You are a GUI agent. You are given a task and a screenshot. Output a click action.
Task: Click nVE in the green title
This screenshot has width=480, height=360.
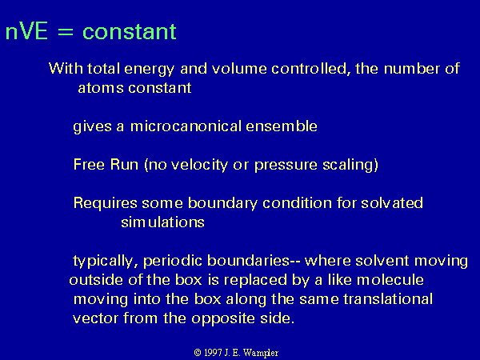point(26,31)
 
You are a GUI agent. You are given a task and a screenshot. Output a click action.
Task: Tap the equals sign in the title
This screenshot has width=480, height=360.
point(66,32)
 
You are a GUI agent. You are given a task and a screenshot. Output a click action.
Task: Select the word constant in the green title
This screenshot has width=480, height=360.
point(130,31)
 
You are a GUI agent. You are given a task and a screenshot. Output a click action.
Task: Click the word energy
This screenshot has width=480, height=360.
point(149,69)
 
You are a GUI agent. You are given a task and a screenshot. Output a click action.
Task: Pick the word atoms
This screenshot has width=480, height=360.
point(101,88)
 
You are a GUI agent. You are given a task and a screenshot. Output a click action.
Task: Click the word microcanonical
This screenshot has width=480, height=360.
point(186,126)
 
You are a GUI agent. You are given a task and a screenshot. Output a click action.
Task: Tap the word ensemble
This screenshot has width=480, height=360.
point(282,126)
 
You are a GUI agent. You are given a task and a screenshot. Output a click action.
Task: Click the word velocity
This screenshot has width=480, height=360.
point(199,165)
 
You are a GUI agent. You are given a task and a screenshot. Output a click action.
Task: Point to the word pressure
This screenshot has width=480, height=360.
point(286,166)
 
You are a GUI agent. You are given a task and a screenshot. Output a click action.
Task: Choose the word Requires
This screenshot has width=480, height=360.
point(106,203)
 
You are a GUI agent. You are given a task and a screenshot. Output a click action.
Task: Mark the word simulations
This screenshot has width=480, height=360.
point(162,222)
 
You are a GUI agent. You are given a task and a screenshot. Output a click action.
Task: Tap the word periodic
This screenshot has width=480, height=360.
point(173,261)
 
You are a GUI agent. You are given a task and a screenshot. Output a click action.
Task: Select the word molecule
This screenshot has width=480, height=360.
point(390,280)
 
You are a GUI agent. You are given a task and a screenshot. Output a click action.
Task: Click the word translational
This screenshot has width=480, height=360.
point(387,298)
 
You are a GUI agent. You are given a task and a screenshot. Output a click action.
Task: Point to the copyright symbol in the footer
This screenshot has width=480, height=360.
point(198,353)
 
